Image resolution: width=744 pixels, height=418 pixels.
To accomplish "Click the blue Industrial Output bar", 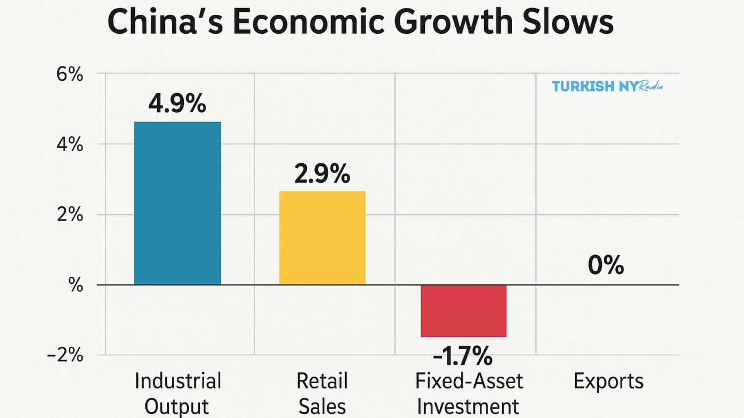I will [x=177, y=203].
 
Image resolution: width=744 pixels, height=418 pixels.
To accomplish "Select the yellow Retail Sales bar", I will [x=322, y=238].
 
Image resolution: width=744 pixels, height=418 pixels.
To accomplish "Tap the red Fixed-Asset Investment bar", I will [x=463, y=311].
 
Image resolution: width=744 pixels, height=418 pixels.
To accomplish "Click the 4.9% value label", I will [x=177, y=104].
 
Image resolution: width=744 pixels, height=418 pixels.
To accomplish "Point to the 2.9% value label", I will [x=322, y=174].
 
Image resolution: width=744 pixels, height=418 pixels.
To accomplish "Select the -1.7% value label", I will [x=463, y=356].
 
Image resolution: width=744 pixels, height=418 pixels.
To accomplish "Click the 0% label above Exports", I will [x=606, y=266].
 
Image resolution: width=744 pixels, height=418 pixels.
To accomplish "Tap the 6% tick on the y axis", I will [x=70, y=74].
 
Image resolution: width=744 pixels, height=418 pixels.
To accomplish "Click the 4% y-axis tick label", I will [x=70, y=145].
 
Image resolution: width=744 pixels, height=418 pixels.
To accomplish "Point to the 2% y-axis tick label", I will [x=70, y=214].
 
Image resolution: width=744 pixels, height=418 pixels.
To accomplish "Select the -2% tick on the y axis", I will [x=65, y=355].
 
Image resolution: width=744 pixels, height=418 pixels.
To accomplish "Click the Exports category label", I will [x=608, y=381].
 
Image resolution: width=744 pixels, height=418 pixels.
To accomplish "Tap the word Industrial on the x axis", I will [x=178, y=381].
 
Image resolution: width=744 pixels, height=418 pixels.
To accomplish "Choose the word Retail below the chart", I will [x=322, y=381].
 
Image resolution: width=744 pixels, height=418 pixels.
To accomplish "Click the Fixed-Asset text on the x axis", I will [x=469, y=381].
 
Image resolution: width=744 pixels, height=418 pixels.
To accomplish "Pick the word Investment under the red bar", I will [x=468, y=406].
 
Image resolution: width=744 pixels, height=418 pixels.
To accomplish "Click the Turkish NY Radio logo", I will [x=607, y=86].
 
